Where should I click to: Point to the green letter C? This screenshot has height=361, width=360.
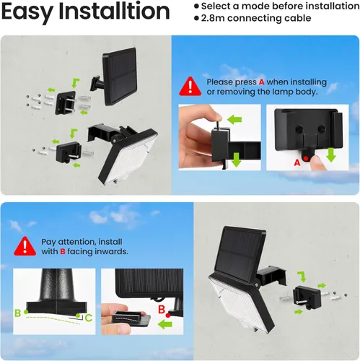tap(88, 317)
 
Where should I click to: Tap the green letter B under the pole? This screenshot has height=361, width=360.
tap(18, 312)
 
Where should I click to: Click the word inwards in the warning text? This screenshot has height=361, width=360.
tap(109, 252)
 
